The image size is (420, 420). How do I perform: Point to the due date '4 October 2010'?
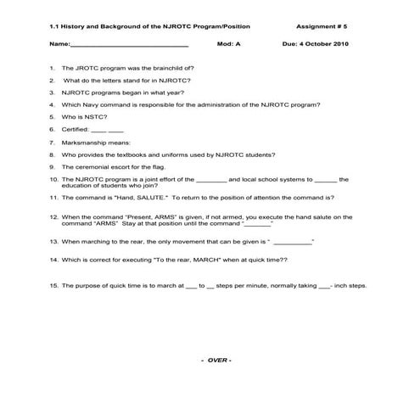329,42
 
